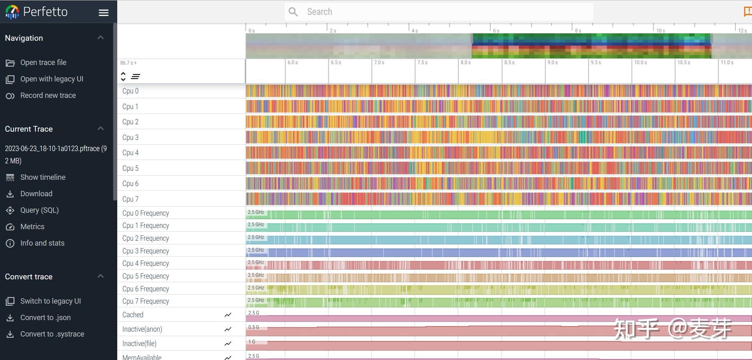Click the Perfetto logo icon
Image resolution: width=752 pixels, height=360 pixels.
[x=12, y=12]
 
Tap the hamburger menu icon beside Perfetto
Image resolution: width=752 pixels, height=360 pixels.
[x=104, y=13]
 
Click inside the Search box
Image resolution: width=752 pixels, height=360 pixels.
[x=439, y=12]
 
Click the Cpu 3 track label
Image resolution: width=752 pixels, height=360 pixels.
[x=130, y=137]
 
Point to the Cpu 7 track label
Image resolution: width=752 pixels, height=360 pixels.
[x=130, y=199]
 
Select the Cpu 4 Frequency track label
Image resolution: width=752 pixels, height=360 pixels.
[x=146, y=263]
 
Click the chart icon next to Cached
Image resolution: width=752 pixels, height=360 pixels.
[x=228, y=315]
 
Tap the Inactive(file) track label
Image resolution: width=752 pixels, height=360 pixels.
[x=139, y=344]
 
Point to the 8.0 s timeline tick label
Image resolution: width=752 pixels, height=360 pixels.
[x=466, y=63]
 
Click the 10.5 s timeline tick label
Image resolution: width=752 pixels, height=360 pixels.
[x=684, y=63]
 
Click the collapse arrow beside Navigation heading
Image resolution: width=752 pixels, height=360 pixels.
[x=100, y=38]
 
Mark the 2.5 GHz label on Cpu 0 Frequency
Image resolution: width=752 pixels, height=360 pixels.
[x=256, y=212]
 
